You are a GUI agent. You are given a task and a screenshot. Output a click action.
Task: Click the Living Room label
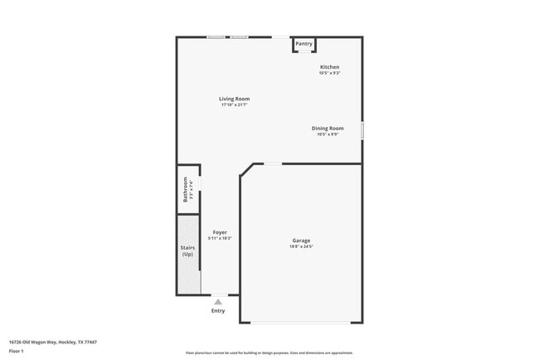[x=235, y=99]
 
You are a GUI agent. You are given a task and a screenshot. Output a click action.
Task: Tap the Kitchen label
[x=330, y=67]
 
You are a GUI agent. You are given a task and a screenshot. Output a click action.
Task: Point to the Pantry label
[x=303, y=43]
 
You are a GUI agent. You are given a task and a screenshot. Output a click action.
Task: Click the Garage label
[x=301, y=241]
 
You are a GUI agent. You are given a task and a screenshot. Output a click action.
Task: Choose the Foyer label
[x=220, y=232]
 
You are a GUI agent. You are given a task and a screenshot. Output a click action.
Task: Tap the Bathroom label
[x=186, y=190]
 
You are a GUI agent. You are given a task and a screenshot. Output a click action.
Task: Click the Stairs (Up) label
[x=187, y=251]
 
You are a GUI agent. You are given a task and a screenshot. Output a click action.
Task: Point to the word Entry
[x=218, y=311]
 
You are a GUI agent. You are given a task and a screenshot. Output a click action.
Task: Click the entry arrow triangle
[x=218, y=302]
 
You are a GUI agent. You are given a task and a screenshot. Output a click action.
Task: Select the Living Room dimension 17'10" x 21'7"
[x=235, y=105]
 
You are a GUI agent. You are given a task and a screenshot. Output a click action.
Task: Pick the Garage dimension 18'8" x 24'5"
[x=301, y=247]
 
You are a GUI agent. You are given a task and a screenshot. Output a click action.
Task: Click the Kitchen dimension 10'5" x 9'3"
[x=330, y=73]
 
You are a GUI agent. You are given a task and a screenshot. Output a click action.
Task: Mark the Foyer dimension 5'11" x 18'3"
[x=220, y=239]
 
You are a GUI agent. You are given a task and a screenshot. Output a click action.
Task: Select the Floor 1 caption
[x=17, y=352]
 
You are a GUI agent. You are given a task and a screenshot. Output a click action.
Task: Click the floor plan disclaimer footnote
[x=269, y=352]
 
